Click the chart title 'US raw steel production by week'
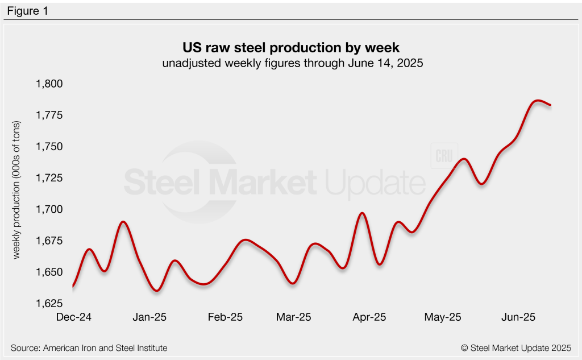[x=290, y=47]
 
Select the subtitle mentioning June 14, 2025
[x=290, y=63]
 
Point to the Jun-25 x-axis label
[x=516, y=317]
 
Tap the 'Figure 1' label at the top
[x=27, y=11]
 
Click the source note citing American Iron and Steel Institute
[x=89, y=347]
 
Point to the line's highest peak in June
[x=538, y=101]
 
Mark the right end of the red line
[x=550, y=105]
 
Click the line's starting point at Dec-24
[x=73, y=285]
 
